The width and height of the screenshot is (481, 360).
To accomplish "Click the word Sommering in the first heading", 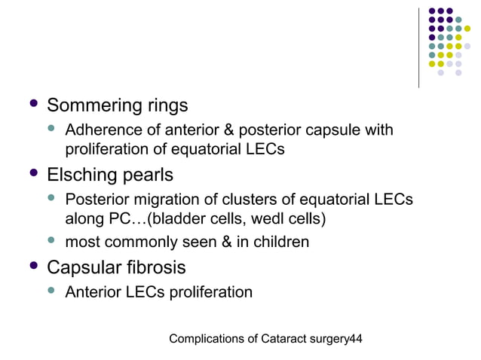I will [93, 104].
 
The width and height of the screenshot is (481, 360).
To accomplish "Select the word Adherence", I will [101, 130].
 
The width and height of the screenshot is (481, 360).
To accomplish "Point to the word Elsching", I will [81, 175].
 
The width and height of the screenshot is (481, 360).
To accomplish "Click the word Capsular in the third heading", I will [84, 267].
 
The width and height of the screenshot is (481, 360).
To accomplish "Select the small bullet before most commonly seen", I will [52, 242].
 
